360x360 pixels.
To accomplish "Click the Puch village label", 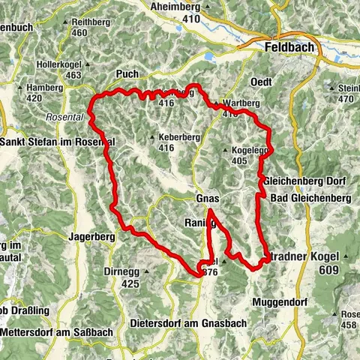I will (x=127, y=74).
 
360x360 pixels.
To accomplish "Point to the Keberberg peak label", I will (x=177, y=138).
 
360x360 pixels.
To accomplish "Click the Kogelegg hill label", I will (x=250, y=151).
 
